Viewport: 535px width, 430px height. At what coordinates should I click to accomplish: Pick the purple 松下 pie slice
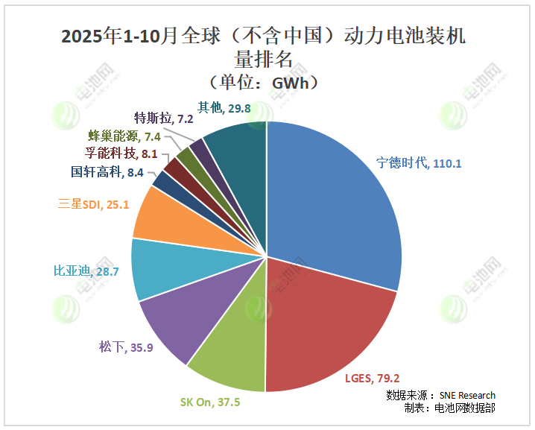pyautogui.click(x=179, y=320)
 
